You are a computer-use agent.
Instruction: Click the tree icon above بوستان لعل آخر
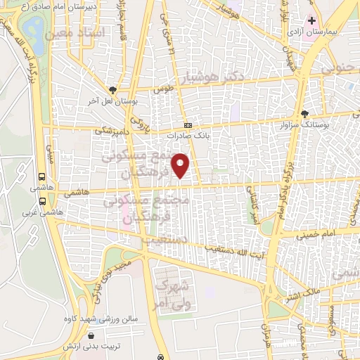point(112,90)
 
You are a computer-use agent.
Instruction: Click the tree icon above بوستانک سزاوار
point(304,113)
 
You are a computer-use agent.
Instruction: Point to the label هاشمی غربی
point(43,211)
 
